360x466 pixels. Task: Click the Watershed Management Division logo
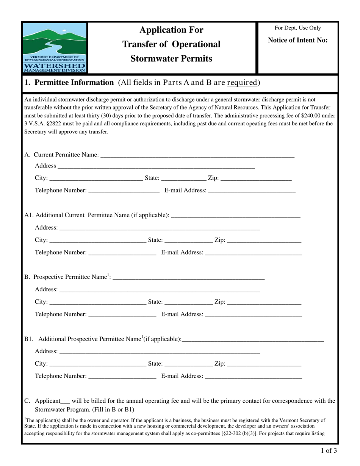tap(55, 47)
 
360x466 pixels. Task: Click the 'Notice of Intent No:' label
tap(297, 40)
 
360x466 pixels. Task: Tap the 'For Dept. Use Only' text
tap(297, 28)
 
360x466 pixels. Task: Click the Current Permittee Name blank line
tap(197, 155)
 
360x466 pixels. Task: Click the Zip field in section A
tap(256, 178)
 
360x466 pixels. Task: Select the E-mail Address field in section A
tap(252, 190)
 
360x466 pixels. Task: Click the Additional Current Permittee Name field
tap(236, 215)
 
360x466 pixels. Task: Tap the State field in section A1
tap(189, 240)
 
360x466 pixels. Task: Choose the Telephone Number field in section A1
tap(122, 252)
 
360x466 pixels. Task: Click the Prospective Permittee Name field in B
tap(188, 277)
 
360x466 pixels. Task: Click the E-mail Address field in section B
tap(253, 314)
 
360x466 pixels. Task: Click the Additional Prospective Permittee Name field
tap(253, 339)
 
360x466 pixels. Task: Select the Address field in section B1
tap(160, 351)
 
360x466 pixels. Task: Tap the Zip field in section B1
tap(264, 364)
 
